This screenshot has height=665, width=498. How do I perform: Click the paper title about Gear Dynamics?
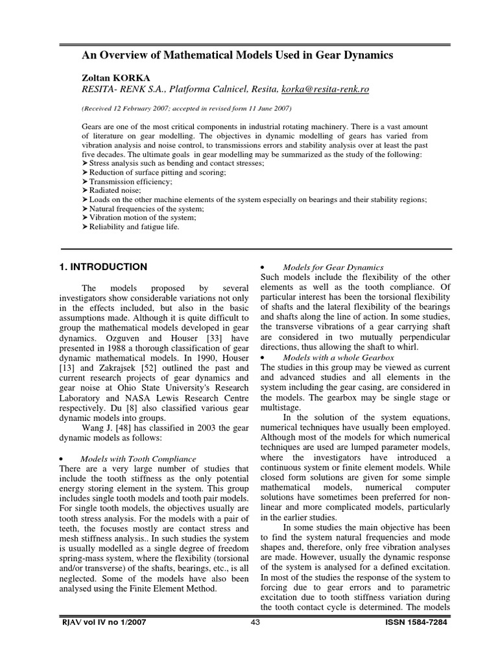tap(246, 56)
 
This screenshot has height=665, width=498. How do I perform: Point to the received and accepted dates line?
tap(186, 107)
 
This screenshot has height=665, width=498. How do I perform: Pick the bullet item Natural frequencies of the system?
tap(145, 209)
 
